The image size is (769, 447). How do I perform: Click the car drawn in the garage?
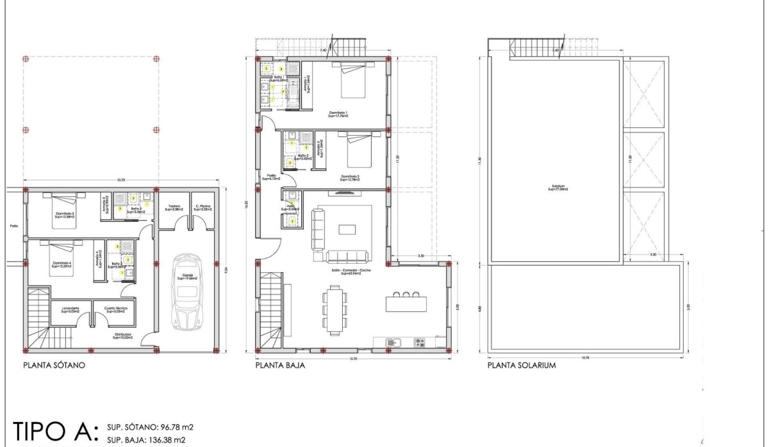coord(186,291)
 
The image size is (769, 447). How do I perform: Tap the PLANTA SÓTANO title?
coord(54,366)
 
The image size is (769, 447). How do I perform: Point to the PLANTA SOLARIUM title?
coord(520,366)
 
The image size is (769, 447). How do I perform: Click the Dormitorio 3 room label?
coord(63,215)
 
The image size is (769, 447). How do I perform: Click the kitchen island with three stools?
coord(406,301)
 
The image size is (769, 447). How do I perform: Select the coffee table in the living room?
coord(348,230)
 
